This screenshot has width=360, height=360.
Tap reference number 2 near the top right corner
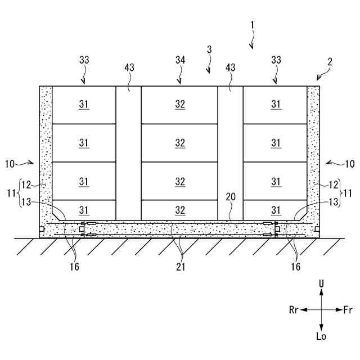330,62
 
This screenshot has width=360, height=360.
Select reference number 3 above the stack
209,50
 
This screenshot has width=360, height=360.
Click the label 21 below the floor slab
180,267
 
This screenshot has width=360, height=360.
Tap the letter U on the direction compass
321,285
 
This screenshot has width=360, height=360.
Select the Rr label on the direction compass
294,310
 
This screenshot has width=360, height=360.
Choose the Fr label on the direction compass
349,310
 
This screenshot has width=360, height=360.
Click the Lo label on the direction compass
321,336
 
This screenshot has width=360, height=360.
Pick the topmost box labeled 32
180,105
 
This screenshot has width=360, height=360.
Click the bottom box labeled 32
180,210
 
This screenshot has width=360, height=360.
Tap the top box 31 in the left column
84,105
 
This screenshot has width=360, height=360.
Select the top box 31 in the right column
276,105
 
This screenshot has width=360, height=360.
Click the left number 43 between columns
129,66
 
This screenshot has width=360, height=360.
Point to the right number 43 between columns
231,66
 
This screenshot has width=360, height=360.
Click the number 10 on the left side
11,164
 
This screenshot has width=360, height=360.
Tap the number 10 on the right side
349,164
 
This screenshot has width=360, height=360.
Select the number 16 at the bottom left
73,267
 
